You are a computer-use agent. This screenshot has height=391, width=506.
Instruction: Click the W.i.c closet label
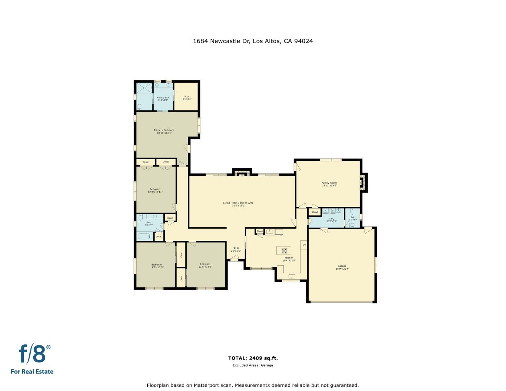click(187, 96)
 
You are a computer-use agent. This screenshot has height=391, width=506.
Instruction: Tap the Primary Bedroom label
click(164, 130)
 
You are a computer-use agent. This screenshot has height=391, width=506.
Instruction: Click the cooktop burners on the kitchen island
click(284, 250)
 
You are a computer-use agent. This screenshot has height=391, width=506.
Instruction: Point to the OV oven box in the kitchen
click(304, 245)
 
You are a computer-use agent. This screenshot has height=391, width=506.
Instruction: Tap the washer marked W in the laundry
click(325, 211)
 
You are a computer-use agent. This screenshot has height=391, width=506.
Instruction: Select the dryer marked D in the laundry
click(333, 211)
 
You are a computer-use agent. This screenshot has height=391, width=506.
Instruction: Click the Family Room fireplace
click(363, 182)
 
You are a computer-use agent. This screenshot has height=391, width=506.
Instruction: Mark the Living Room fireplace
click(242, 173)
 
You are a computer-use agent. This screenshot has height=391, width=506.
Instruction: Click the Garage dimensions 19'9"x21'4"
click(342, 269)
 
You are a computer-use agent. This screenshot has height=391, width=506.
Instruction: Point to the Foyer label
click(236, 248)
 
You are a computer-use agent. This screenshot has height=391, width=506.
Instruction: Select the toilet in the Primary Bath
click(139, 107)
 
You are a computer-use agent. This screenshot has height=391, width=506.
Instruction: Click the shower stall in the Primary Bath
click(144, 88)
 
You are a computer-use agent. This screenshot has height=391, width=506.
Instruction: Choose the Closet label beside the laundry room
click(315, 212)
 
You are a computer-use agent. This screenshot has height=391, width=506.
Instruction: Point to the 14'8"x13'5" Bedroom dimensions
click(157, 267)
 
